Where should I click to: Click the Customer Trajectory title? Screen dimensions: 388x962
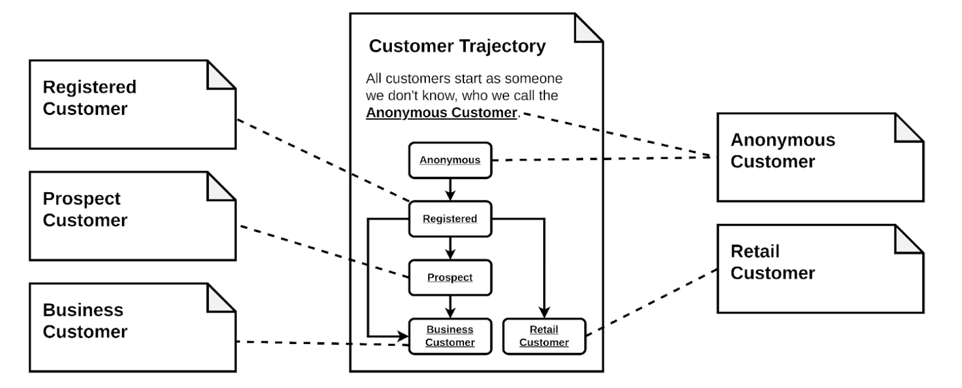pyautogui.click(x=457, y=46)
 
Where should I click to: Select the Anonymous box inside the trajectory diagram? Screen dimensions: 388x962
pyautogui.click(x=450, y=160)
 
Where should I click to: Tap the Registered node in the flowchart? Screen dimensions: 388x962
pyautogui.click(x=450, y=219)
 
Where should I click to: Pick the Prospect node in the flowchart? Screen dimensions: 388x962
pyautogui.click(x=450, y=277)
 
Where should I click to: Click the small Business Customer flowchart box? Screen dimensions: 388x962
pyautogui.click(x=450, y=336)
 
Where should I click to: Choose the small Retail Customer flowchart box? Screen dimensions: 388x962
pyautogui.click(x=544, y=336)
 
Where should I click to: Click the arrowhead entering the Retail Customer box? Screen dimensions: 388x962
pyautogui.click(x=544, y=312)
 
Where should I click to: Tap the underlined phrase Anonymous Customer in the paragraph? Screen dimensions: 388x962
pyautogui.click(x=441, y=113)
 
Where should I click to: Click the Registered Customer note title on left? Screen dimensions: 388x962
pyautogui.click(x=89, y=97)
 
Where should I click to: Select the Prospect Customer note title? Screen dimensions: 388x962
pyautogui.click(x=84, y=209)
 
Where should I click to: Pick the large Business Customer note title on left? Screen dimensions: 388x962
pyautogui.click(x=84, y=321)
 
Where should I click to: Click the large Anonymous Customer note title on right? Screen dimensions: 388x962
pyautogui.click(x=783, y=151)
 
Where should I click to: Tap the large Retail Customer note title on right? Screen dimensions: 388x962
pyautogui.click(x=772, y=262)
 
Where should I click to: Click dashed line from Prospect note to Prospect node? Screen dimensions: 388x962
pyautogui.click(x=323, y=251)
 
